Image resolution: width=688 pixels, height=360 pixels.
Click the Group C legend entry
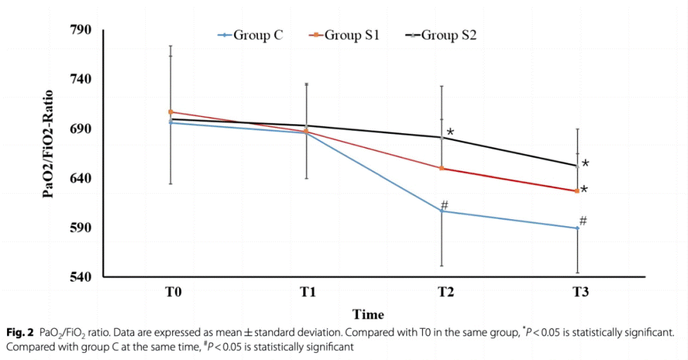tap(250, 36)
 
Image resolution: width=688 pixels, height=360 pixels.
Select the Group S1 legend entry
tap(344, 36)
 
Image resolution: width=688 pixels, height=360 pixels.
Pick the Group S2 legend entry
tap(441, 36)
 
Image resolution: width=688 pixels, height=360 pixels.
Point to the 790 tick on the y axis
tap(82, 30)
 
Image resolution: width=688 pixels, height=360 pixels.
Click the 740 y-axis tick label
tap(82, 79)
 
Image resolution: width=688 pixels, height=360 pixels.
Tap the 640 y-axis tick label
tap(82, 178)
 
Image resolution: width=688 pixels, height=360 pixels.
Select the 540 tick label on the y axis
tap(82, 277)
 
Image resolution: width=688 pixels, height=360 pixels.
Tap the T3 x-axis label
tap(580, 293)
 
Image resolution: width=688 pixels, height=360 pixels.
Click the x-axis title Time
tap(369, 315)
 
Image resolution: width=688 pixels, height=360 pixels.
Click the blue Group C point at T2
tap(441, 211)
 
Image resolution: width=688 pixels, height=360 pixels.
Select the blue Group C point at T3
tap(577, 228)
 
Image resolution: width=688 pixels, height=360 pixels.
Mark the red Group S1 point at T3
tap(577, 191)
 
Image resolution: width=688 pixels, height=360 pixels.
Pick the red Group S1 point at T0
tap(171, 112)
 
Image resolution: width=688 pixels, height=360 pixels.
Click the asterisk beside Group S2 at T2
tap(450, 133)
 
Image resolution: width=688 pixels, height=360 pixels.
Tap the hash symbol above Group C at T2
tap(445, 205)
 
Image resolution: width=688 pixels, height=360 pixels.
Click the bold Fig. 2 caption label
tap(20, 333)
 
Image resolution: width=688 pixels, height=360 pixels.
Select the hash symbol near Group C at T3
tap(583, 221)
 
